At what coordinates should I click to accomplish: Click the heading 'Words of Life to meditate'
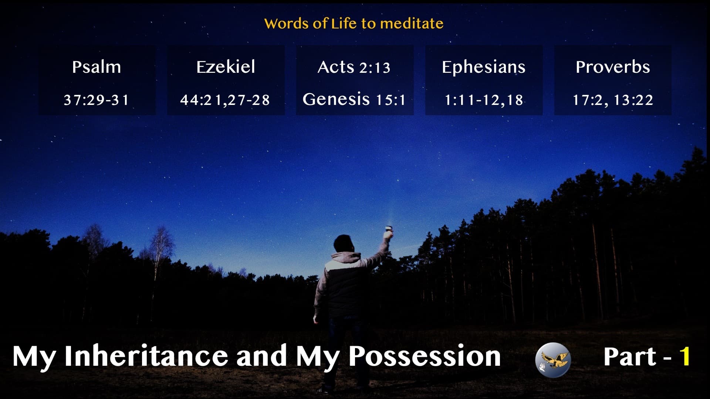coord(354,24)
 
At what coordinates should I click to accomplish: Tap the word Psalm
coord(97,67)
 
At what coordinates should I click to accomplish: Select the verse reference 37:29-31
coord(97,100)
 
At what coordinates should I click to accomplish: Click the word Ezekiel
coord(226,67)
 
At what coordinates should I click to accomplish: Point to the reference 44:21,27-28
coord(225,100)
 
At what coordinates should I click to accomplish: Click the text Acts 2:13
coord(354,67)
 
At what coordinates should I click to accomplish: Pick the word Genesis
coord(336,99)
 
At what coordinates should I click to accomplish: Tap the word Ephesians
coord(483,67)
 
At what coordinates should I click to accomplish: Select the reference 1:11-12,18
coord(483,100)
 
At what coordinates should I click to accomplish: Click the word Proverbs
coord(612,67)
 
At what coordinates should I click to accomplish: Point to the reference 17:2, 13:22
coord(612,100)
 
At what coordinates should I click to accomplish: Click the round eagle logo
coord(553,359)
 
